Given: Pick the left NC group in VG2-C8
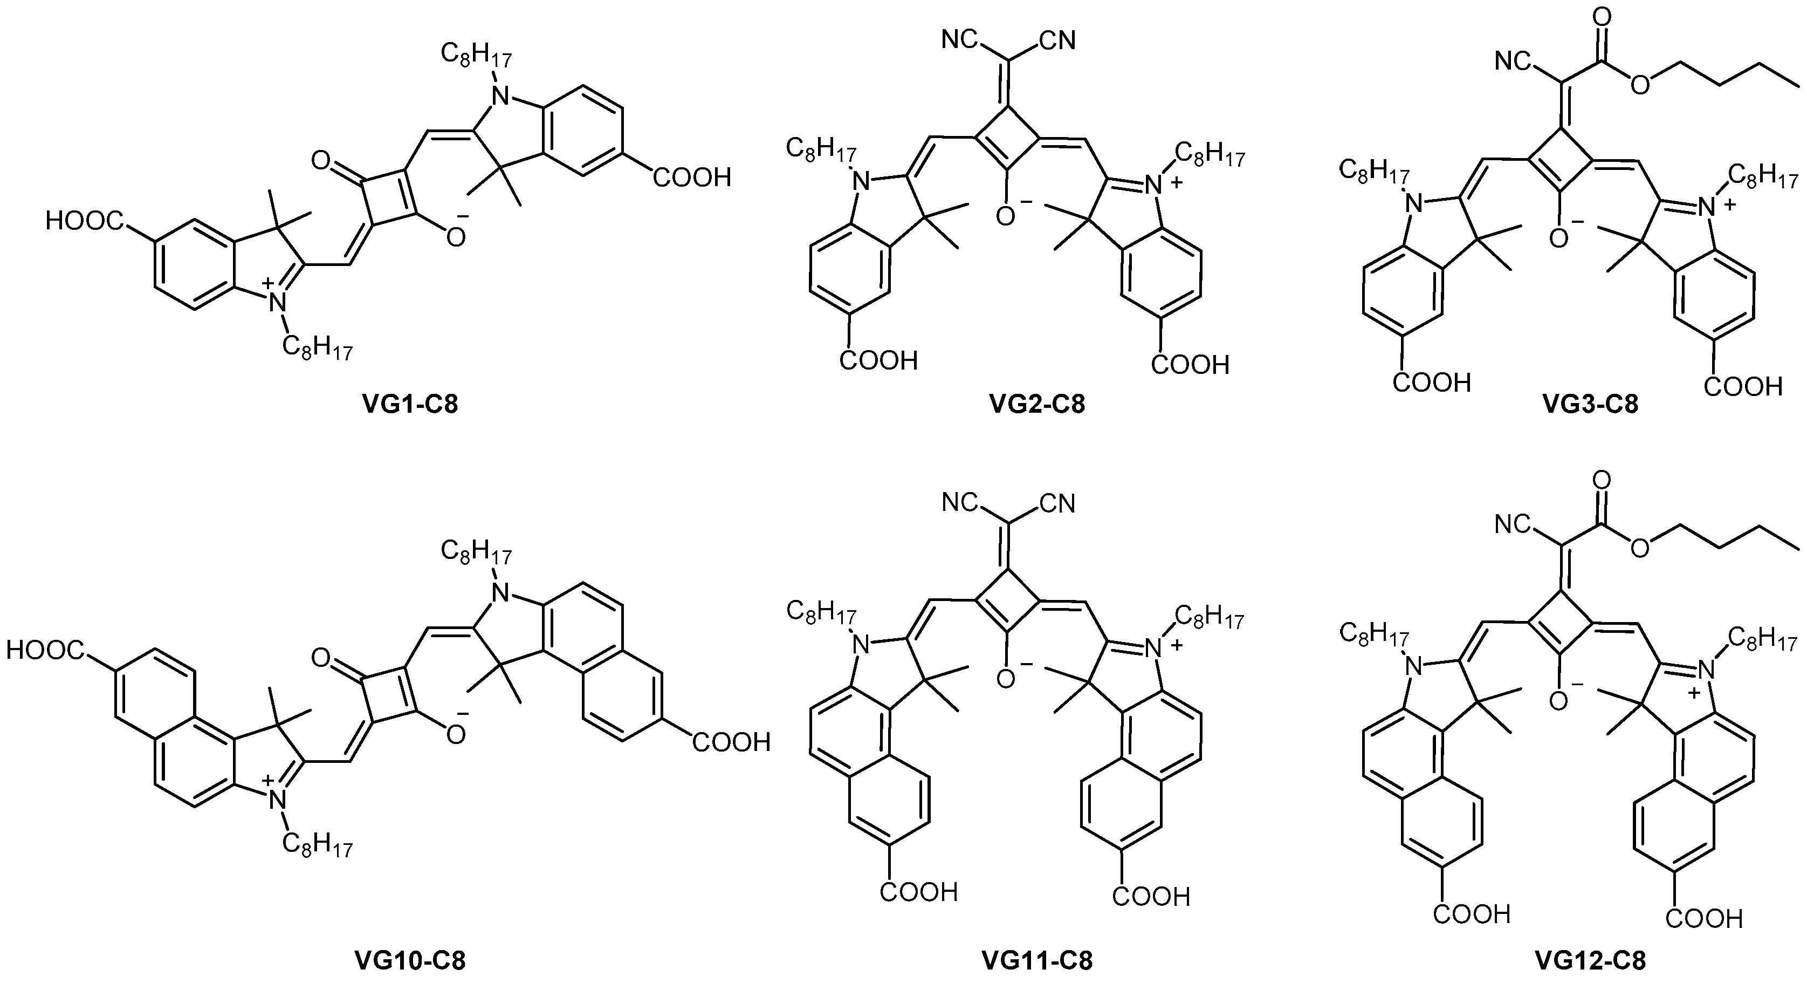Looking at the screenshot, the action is tap(960, 40).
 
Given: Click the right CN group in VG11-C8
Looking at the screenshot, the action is tap(1058, 504).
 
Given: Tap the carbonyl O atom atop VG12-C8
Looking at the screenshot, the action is tap(1601, 481).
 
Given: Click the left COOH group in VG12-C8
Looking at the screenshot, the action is tap(1471, 914).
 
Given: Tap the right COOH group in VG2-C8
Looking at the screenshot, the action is tap(1191, 366).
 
